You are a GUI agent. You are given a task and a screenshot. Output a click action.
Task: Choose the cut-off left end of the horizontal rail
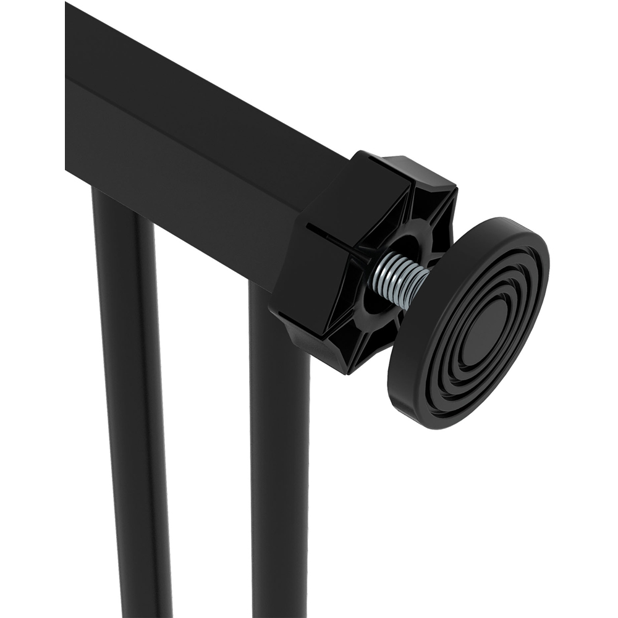coord(68,93)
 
